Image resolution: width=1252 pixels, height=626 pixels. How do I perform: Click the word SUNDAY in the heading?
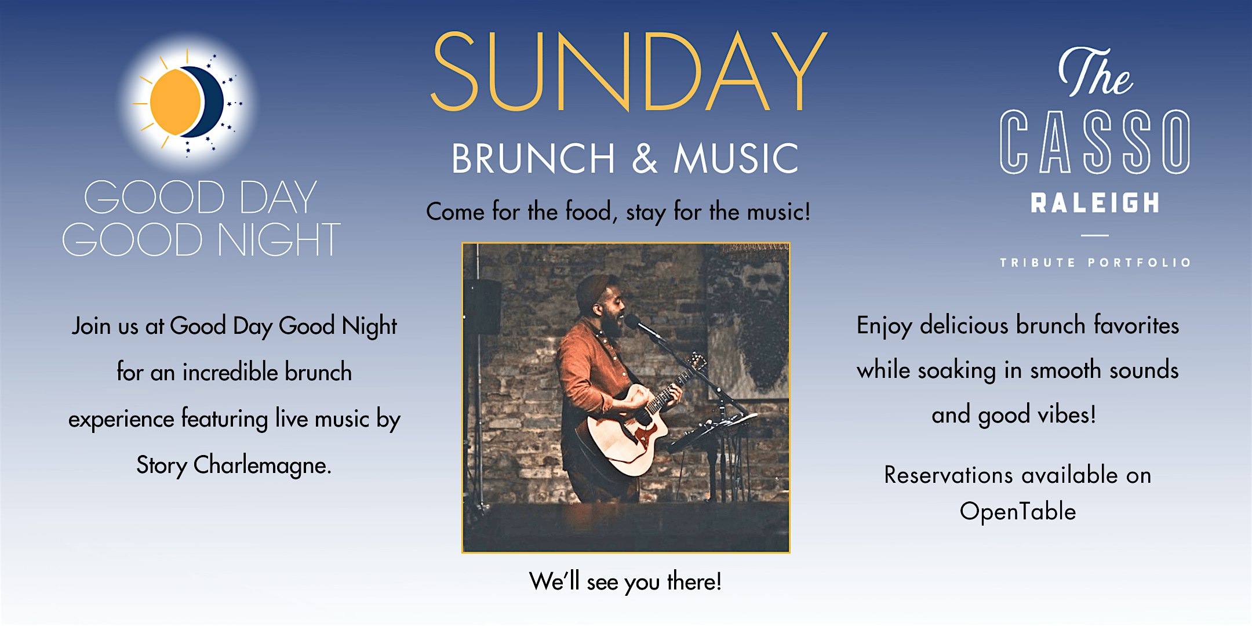point(629,71)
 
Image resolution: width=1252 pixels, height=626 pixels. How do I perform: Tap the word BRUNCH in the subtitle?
point(533,158)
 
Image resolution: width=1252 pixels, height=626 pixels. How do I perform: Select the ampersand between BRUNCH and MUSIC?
point(645,158)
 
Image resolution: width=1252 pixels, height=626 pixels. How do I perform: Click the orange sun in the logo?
point(175,102)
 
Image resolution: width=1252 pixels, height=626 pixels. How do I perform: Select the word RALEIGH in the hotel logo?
point(1095,203)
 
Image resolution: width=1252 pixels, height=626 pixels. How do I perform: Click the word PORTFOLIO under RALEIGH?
point(1139,263)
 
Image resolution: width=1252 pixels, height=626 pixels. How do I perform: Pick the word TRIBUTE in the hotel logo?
point(1037,263)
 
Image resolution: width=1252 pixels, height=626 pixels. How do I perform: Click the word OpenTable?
point(1018,512)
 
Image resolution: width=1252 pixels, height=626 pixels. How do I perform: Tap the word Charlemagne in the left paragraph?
point(262,465)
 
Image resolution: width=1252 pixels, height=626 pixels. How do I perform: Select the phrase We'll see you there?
point(625,581)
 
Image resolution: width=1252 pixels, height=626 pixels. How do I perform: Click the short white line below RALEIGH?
point(1094,235)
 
